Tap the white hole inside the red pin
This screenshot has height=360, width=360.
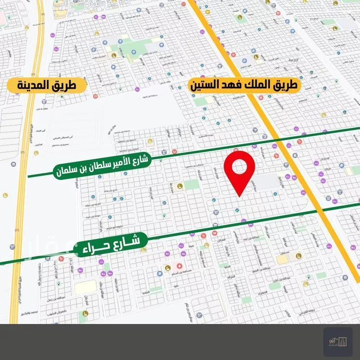(240, 166)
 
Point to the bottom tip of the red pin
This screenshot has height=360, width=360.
(240, 196)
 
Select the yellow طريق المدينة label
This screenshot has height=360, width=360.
(47, 86)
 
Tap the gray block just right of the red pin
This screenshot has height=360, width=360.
(266, 181)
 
